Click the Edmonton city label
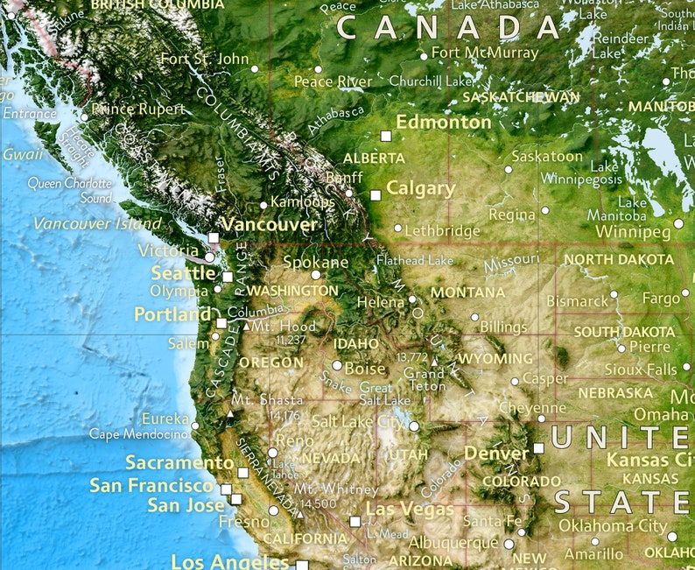(x=444, y=123)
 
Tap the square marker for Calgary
(x=376, y=195)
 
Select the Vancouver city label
(x=269, y=224)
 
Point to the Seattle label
(x=182, y=273)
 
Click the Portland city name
(x=172, y=313)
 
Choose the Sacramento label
(x=179, y=462)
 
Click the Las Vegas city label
(x=410, y=509)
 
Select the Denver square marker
(x=538, y=447)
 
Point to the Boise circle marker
(x=337, y=366)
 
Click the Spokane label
(x=315, y=262)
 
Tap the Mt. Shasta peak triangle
(x=230, y=412)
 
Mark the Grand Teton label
(x=424, y=379)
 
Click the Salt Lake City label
(x=359, y=421)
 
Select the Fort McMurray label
(x=485, y=53)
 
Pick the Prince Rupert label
(x=138, y=109)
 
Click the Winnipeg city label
(x=633, y=232)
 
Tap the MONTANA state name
(x=467, y=292)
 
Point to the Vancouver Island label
(x=97, y=223)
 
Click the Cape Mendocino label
(x=139, y=433)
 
